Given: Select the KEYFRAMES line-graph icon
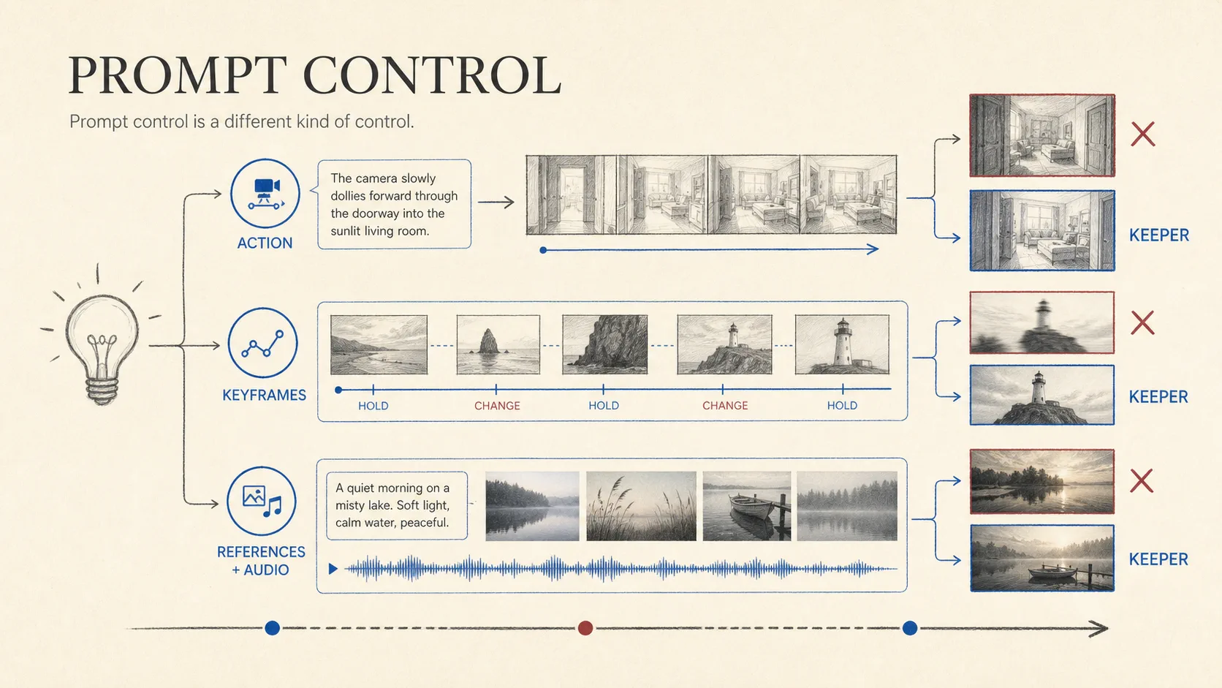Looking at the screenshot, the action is click(x=262, y=343).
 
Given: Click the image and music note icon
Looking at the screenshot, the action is click(x=262, y=501).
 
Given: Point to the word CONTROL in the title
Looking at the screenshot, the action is click(x=431, y=75).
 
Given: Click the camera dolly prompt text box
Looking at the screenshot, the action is click(x=394, y=204).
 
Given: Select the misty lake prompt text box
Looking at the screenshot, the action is click(x=397, y=505).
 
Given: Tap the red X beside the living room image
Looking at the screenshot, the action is click(x=1142, y=135).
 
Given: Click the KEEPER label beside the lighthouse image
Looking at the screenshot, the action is click(x=1158, y=397).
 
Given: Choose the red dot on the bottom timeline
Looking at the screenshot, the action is click(x=585, y=628).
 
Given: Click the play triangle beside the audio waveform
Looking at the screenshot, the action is click(x=333, y=569).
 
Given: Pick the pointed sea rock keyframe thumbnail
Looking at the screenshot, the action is click(x=498, y=344).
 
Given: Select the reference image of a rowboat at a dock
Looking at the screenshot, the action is click(x=746, y=506).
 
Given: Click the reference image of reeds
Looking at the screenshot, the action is click(x=641, y=506).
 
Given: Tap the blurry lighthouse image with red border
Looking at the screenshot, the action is click(x=1042, y=322).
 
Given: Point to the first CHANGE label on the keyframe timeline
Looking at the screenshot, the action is click(x=497, y=406).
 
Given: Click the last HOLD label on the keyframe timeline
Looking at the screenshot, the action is click(x=842, y=405).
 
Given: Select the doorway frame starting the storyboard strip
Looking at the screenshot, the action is click(x=572, y=194).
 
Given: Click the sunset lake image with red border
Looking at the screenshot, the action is click(x=1042, y=482).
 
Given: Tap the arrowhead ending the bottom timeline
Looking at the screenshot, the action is click(x=1101, y=629).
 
